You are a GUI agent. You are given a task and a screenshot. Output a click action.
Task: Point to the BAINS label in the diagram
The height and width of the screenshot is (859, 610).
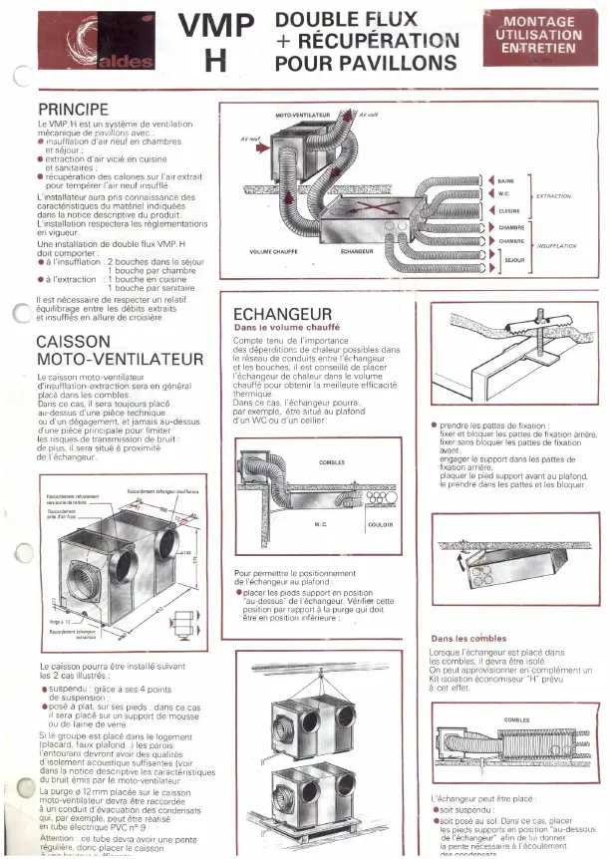click(505, 180)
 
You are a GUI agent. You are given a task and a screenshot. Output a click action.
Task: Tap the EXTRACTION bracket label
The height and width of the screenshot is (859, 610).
click(554, 196)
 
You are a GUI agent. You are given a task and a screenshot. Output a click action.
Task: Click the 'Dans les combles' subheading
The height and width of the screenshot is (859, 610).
click(468, 638)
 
